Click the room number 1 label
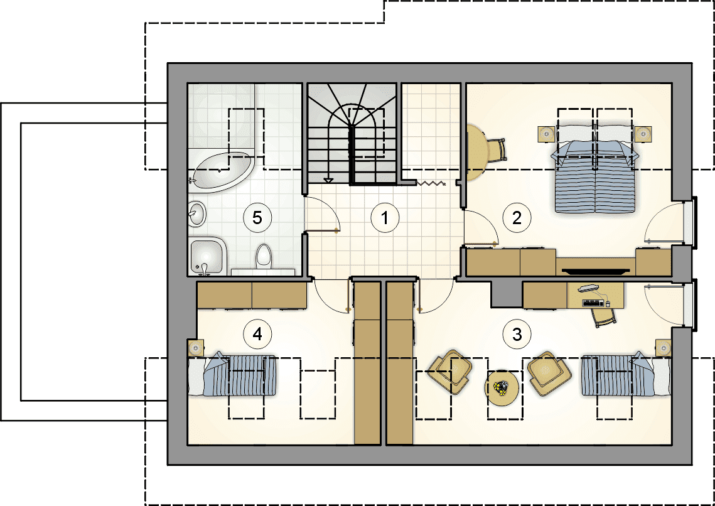(385, 218)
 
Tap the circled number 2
(517, 218)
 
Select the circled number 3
(517, 334)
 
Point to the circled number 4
(257, 334)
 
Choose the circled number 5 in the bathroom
(257, 218)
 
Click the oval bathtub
(222, 172)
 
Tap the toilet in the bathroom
(264, 256)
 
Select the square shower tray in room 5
(208, 256)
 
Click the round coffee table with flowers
(502, 388)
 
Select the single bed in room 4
(233, 375)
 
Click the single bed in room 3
(626, 375)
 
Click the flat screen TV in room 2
(596, 271)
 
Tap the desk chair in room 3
(604, 315)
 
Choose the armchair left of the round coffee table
(451, 372)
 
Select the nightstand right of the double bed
(643, 134)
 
